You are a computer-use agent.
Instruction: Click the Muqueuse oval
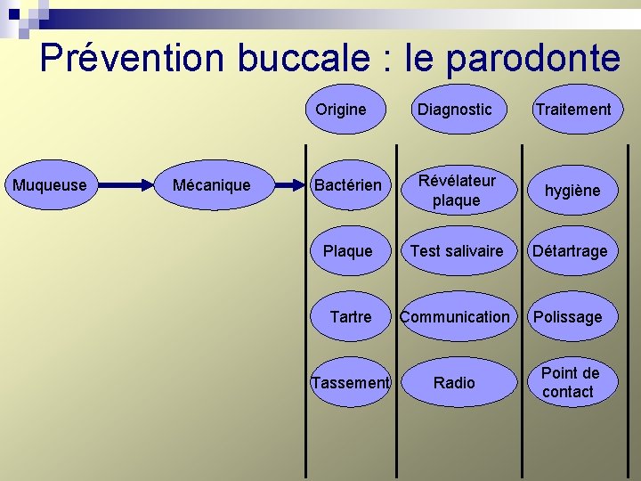(x=50, y=185)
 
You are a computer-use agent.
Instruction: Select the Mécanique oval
(x=211, y=185)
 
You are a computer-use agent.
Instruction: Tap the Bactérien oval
(x=347, y=185)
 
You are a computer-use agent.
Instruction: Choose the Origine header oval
(x=341, y=110)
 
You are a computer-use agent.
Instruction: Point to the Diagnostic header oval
(x=455, y=110)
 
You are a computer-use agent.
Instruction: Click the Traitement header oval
(x=572, y=110)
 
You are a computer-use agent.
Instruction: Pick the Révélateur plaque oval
(x=456, y=190)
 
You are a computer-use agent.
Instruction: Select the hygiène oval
(x=572, y=190)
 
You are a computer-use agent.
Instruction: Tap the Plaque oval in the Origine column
(x=348, y=251)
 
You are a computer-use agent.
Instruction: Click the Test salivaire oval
(x=456, y=251)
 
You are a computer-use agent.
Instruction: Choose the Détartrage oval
(x=570, y=251)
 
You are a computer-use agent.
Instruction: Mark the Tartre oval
(x=350, y=316)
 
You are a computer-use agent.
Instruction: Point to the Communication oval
(x=456, y=316)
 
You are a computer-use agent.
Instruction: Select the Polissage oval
(x=568, y=316)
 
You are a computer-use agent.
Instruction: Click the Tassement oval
(x=350, y=382)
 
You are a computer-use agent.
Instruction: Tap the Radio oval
(x=455, y=382)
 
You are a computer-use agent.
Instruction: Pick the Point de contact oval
(x=570, y=382)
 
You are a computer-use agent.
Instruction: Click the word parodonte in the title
(x=532, y=59)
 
